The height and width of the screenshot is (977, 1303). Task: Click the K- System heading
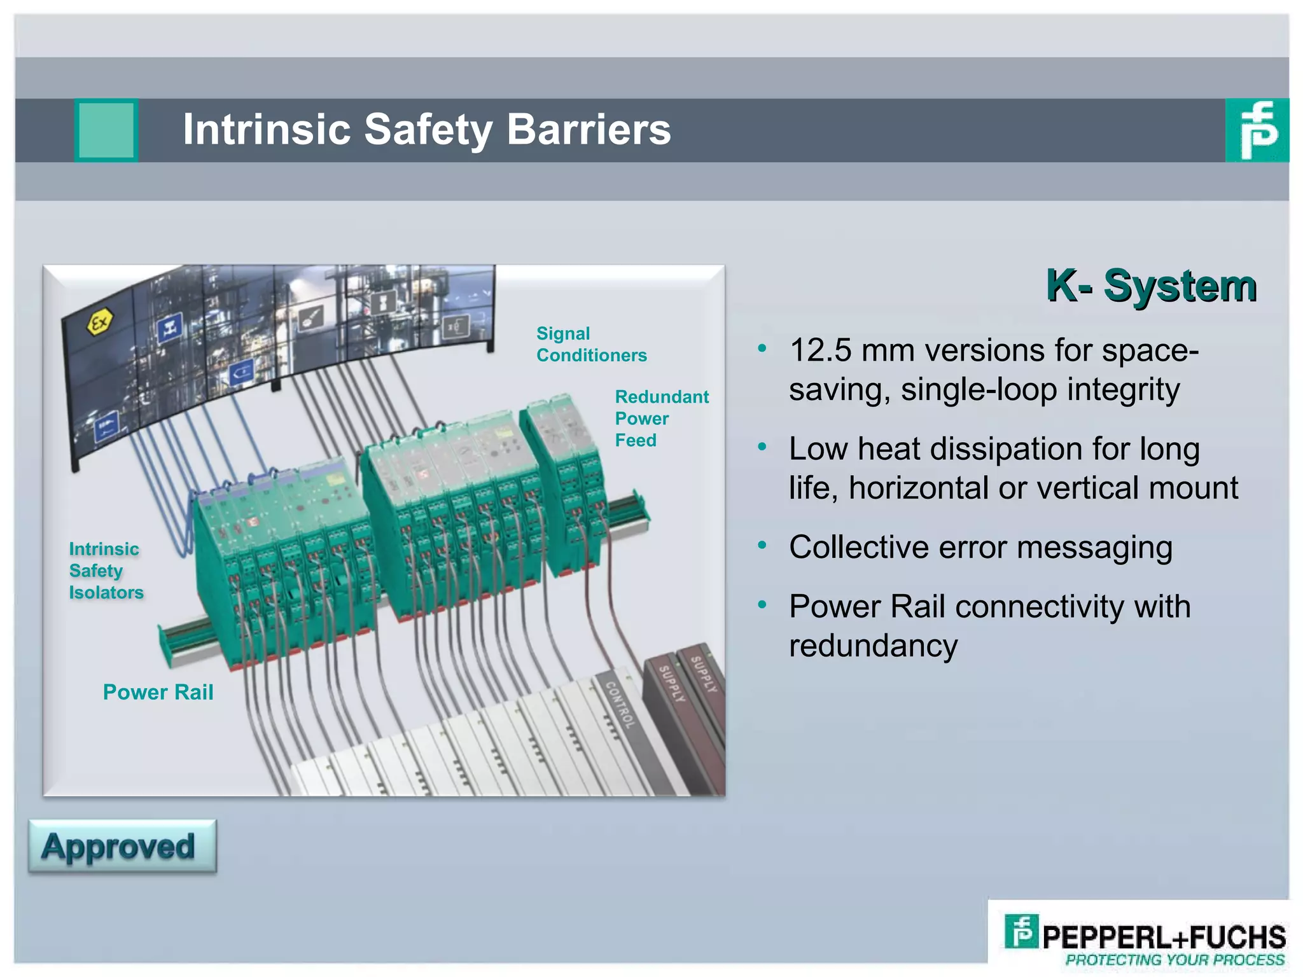(x=1151, y=286)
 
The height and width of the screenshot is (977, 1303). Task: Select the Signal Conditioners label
(x=591, y=344)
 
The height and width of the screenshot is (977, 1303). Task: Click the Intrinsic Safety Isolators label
(x=106, y=571)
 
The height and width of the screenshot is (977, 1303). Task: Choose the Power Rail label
(x=158, y=692)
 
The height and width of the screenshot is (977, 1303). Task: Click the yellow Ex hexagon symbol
(x=100, y=323)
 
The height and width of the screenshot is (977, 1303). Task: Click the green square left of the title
(x=106, y=130)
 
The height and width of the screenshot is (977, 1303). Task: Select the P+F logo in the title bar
(x=1257, y=130)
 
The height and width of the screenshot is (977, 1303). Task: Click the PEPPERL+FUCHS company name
(x=1164, y=937)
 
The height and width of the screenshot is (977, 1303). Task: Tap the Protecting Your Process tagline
(x=1174, y=960)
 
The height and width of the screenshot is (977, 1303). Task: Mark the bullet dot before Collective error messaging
(x=762, y=545)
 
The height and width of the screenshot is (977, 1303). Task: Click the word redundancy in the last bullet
(x=873, y=646)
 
